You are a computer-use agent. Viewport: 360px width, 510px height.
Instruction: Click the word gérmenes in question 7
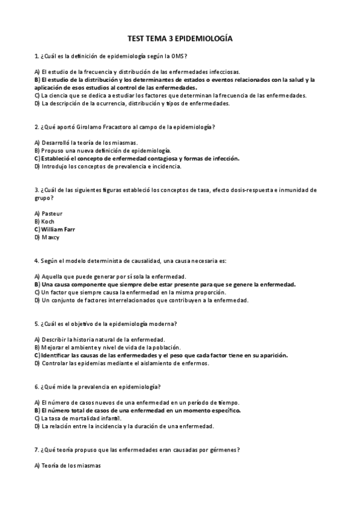(221, 449)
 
